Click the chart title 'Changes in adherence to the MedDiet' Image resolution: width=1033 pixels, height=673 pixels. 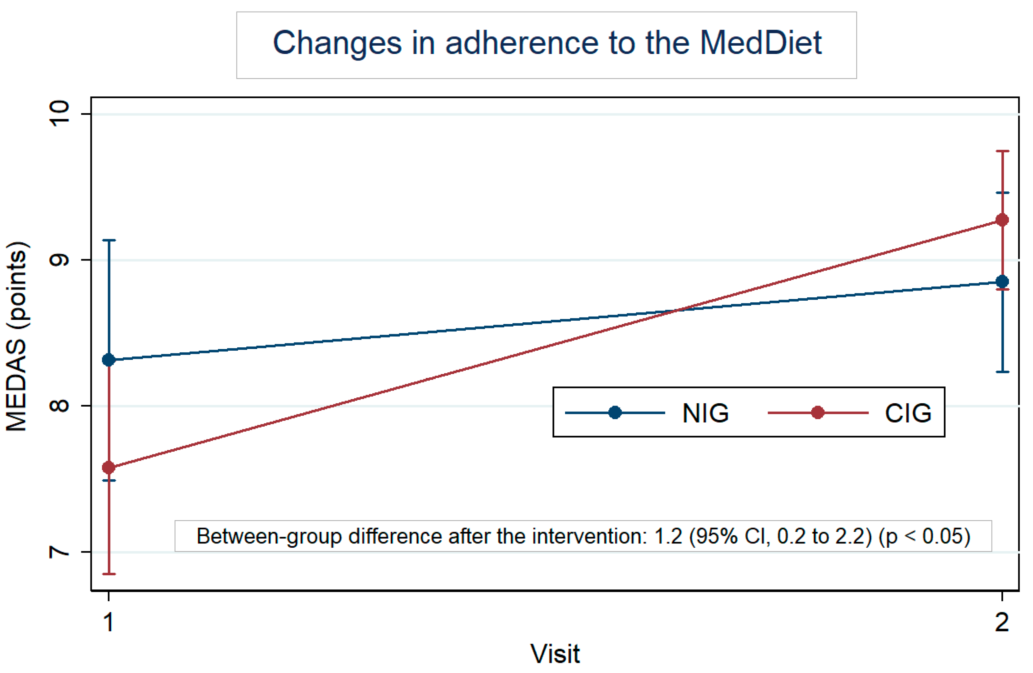[547, 43]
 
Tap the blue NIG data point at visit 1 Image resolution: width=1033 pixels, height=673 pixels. [109, 360]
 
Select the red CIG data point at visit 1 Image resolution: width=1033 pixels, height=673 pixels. [109, 468]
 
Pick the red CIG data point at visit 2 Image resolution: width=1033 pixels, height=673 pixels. [1002, 220]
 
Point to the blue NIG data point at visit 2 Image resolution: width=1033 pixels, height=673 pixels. [1002, 281]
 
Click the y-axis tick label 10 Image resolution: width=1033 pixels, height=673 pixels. [60, 114]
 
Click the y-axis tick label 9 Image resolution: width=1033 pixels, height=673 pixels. [60, 260]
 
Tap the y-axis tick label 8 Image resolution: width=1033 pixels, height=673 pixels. [60, 406]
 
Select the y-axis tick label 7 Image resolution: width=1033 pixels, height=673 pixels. [60, 552]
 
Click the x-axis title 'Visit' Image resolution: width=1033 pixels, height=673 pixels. [555, 654]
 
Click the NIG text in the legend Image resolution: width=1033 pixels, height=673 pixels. [705, 413]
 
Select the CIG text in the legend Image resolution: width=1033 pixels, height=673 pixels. [908, 413]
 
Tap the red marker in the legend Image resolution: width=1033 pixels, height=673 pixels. [817, 412]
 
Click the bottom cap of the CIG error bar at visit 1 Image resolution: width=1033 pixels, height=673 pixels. [109, 574]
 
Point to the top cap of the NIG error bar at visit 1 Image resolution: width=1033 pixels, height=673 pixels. [109, 240]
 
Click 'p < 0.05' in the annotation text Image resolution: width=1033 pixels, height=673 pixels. [924, 536]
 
